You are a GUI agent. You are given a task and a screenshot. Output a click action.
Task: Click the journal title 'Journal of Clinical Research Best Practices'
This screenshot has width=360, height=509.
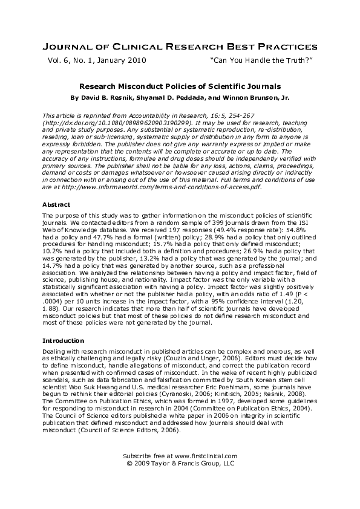pyautogui.click(x=180, y=47)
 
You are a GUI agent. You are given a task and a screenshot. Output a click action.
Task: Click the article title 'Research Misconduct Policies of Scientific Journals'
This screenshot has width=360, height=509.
pyautogui.click(x=180, y=86)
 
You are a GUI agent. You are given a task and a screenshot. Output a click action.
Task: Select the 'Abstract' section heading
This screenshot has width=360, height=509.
pyautogui.click(x=56, y=204)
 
